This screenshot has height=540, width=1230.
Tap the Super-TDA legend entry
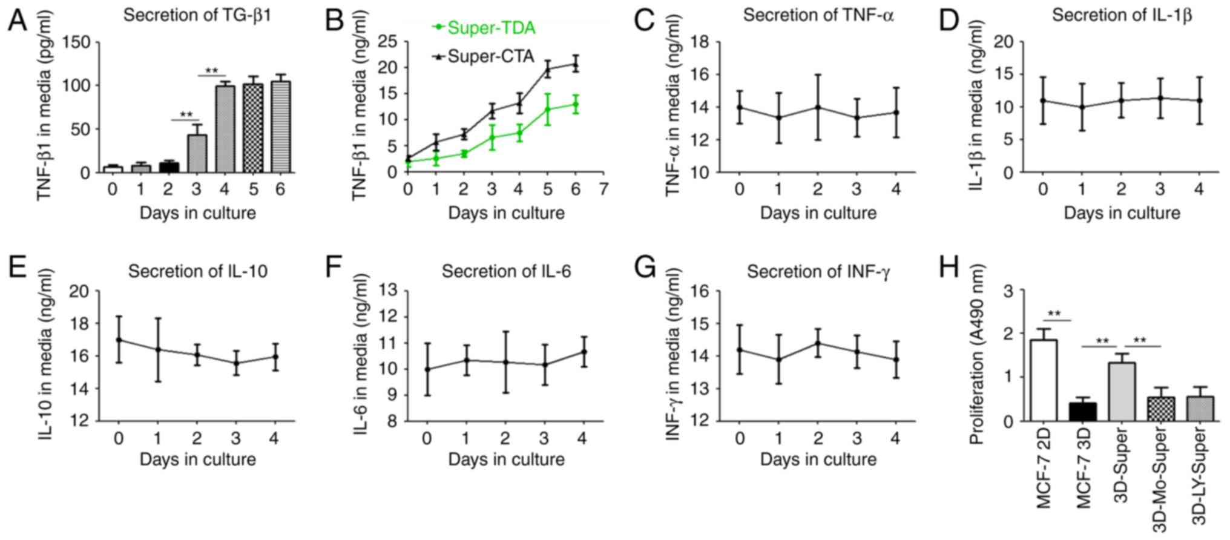click(484, 28)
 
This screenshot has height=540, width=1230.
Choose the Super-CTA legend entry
click(484, 57)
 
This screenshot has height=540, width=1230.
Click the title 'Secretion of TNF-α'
click(818, 15)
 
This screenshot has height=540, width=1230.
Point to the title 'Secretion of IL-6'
click(506, 271)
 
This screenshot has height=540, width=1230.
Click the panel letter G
click(645, 267)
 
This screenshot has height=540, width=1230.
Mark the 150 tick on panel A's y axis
click(76, 42)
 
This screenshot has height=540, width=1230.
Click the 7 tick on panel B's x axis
click(603, 189)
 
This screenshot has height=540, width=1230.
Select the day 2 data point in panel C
click(818, 107)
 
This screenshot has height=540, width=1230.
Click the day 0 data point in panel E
click(119, 340)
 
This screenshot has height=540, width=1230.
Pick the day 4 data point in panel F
click(583, 352)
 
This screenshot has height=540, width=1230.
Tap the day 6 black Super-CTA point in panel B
click(576, 65)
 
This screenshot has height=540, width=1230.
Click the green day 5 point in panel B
click(548, 110)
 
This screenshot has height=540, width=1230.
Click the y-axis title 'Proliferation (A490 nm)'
click(976, 354)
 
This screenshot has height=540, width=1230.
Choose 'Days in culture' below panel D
click(1122, 213)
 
